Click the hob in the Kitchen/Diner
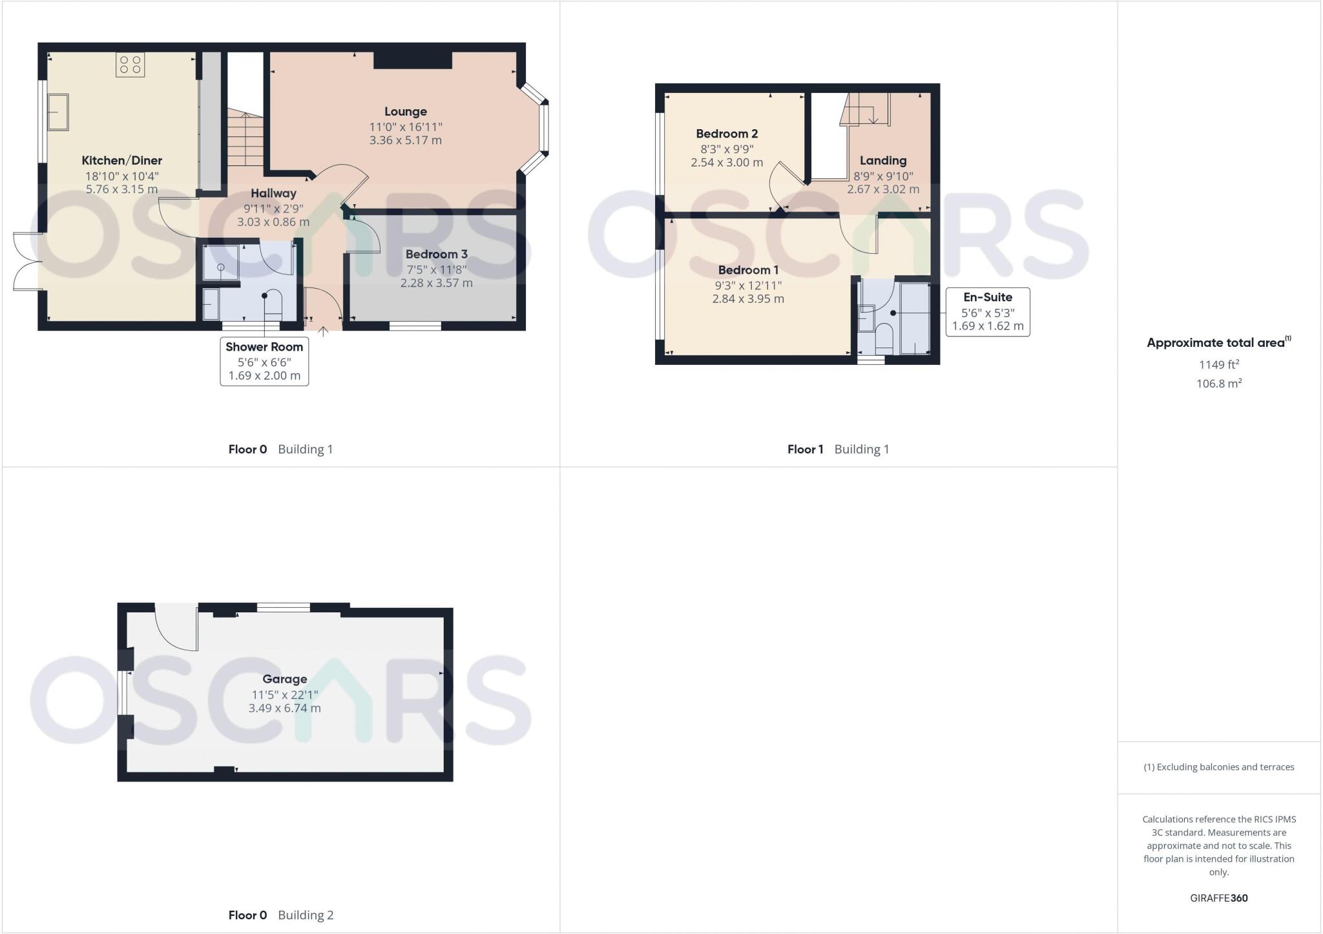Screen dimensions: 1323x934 [x=130, y=65]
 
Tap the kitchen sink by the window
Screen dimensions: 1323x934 [x=57, y=112]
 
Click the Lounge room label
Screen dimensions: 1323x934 [x=406, y=112]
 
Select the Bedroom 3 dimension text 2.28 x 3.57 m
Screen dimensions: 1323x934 [x=437, y=283]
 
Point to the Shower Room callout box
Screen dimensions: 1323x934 [x=264, y=361]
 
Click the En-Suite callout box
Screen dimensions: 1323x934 [x=988, y=312]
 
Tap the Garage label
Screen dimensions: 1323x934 [x=285, y=679]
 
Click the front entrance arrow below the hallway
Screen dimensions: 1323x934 [x=324, y=332]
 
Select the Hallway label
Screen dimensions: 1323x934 [x=273, y=193]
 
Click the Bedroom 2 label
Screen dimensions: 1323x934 [x=727, y=134]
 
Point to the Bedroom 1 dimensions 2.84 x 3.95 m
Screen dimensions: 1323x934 [x=748, y=299]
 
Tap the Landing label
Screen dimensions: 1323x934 [x=883, y=161]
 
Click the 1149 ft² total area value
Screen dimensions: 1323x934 [x=1219, y=364]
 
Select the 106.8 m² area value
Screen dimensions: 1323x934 [x=1219, y=383]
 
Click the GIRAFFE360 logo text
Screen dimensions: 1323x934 [x=1219, y=898]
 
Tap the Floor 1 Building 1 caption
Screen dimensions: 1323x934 [x=838, y=450]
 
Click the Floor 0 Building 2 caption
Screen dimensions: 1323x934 [x=281, y=915]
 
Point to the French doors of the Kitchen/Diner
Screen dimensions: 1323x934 [x=27, y=262]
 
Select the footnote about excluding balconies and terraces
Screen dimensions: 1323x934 [x=1219, y=767]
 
